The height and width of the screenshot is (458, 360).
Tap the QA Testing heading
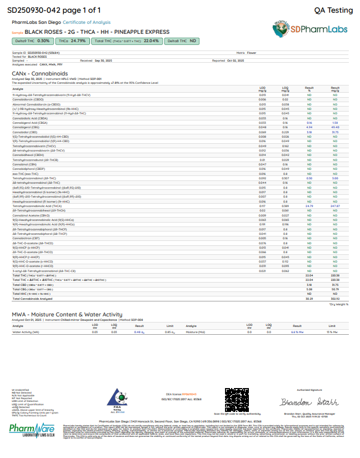tap(333, 10)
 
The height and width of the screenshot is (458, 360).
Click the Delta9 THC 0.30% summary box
tap(32, 41)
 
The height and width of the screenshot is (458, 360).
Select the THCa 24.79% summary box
tap(72, 41)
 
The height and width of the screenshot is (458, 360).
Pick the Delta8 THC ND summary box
tap(182, 41)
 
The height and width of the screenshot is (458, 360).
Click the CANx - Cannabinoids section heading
tap(39, 73)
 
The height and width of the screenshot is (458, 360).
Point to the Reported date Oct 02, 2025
tap(239, 61)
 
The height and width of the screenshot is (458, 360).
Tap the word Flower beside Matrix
tap(251, 53)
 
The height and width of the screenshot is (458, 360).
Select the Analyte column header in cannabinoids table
tap(18, 88)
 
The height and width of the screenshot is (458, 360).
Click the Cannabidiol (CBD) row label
tap(27, 132)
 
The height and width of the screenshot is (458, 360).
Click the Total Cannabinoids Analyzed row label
tap(32, 298)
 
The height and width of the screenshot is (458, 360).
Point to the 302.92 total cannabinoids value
tap(334, 298)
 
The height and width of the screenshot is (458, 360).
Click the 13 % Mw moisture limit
tap(332, 332)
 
